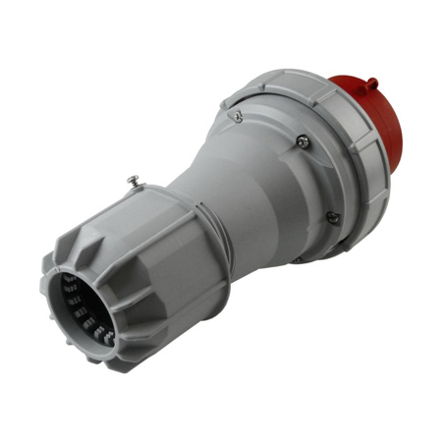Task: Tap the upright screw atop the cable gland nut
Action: click(x=134, y=182)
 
